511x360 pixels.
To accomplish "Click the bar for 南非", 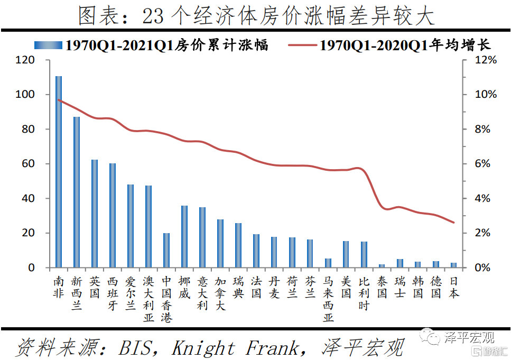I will click(x=59, y=172).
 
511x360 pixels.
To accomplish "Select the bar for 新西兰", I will click(x=77, y=192).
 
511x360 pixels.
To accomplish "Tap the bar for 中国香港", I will click(x=166, y=250).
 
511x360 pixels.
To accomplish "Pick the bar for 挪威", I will click(x=184, y=236).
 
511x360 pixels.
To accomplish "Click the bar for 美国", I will click(x=346, y=254).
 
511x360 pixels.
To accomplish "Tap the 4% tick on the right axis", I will click(x=482, y=199).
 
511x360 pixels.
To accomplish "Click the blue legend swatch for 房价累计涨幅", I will click(x=48, y=45).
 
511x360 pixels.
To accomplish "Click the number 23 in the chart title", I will click(x=154, y=16).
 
